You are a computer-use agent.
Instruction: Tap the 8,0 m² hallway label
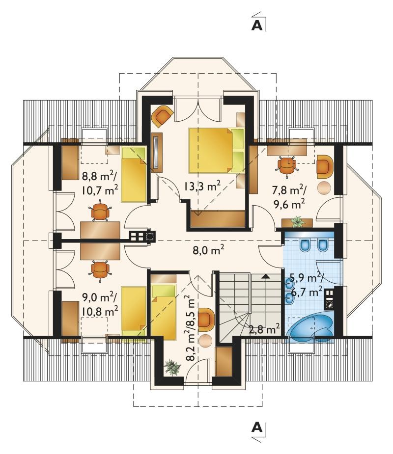[x=208, y=250]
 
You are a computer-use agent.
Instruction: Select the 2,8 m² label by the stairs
[x=264, y=329]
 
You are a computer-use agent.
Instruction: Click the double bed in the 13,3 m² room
[x=217, y=150]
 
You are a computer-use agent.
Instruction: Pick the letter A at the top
[x=257, y=26]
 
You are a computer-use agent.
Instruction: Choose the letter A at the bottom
[x=257, y=427]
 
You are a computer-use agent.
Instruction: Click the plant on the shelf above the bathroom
[x=298, y=222]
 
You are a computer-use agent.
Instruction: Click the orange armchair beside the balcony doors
[x=163, y=116]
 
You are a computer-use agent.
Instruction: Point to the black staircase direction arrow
[x=265, y=276]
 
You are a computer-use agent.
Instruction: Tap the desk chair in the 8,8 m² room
[x=101, y=211]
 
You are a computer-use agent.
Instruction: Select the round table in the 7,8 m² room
[x=324, y=187]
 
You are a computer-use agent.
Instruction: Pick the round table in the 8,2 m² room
[x=205, y=341]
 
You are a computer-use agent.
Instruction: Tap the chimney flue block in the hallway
[x=142, y=236]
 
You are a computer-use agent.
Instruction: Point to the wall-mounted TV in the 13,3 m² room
[x=156, y=153]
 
